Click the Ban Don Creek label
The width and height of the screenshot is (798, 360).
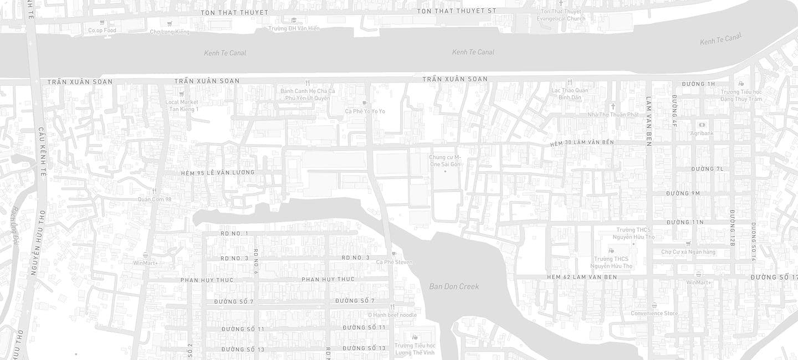(x=454, y=286)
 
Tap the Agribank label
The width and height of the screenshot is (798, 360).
(x=702, y=133)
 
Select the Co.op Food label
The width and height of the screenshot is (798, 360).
(x=102, y=30)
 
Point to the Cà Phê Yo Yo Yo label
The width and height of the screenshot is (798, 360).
(x=365, y=111)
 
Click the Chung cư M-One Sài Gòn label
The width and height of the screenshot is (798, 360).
(x=445, y=161)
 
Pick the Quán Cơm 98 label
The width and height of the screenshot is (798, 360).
(x=155, y=199)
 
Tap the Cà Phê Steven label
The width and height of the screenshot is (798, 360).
(x=394, y=262)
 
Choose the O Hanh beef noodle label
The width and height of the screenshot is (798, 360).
(x=392, y=315)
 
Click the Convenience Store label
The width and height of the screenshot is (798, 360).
(x=654, y=313)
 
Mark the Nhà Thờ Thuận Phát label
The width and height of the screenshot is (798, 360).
(x=613, y=115)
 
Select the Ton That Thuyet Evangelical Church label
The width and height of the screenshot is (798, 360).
(x=561, y=15)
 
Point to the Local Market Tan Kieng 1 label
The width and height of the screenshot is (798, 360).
(x=182, y=105)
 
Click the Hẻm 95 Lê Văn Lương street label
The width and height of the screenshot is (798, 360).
(x=218, y=173)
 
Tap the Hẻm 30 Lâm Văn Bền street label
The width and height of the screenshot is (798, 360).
(x=582, y=143)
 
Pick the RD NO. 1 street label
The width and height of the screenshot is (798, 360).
(x=234, y=234)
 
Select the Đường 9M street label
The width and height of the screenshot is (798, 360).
(x=683, y=193)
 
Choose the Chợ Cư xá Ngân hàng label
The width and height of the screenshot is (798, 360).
(x=688, y=252)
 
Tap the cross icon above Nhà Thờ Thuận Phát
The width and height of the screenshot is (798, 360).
(x=613, y=106)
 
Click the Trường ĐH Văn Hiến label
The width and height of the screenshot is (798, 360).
(x=294, y=28)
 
